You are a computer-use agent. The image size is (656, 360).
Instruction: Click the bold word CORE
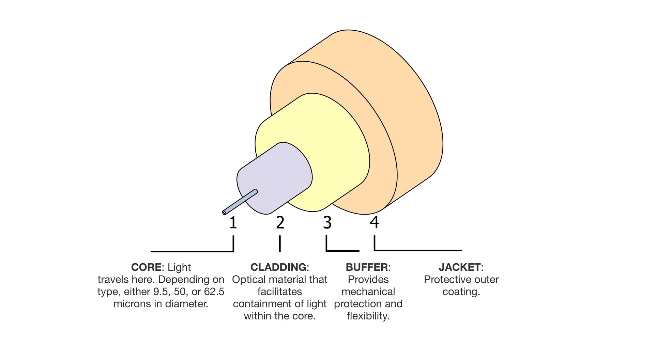pyautogui.click(x=146, y=267)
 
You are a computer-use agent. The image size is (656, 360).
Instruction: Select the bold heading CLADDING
pyautogui.click(x=278, y=267)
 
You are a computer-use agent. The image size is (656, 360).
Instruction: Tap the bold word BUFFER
pyautogui.click(x=367, y=267)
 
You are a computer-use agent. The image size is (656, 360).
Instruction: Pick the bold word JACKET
pyautogui.click(x=459, y=267)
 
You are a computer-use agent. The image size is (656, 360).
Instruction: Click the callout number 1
pyautogui.click(x=233, y=222)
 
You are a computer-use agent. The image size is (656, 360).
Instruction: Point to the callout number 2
pyautogui.click(x=280, y=222)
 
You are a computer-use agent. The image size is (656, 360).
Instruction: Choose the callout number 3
pyautogui.click(x=327, y=222)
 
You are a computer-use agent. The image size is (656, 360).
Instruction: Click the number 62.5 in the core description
pyautogui.click(x=214, y=292)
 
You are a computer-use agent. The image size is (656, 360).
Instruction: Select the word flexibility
pyautogui.click(x=368, y=316)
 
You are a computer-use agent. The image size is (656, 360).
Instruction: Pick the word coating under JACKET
pyautogui.click(x=461, y=292)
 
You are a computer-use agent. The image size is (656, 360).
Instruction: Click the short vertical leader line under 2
pyautogui.click(x=280, y=244)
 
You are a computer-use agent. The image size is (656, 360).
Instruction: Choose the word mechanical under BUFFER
pyautogui.click(x=368, y=292)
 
